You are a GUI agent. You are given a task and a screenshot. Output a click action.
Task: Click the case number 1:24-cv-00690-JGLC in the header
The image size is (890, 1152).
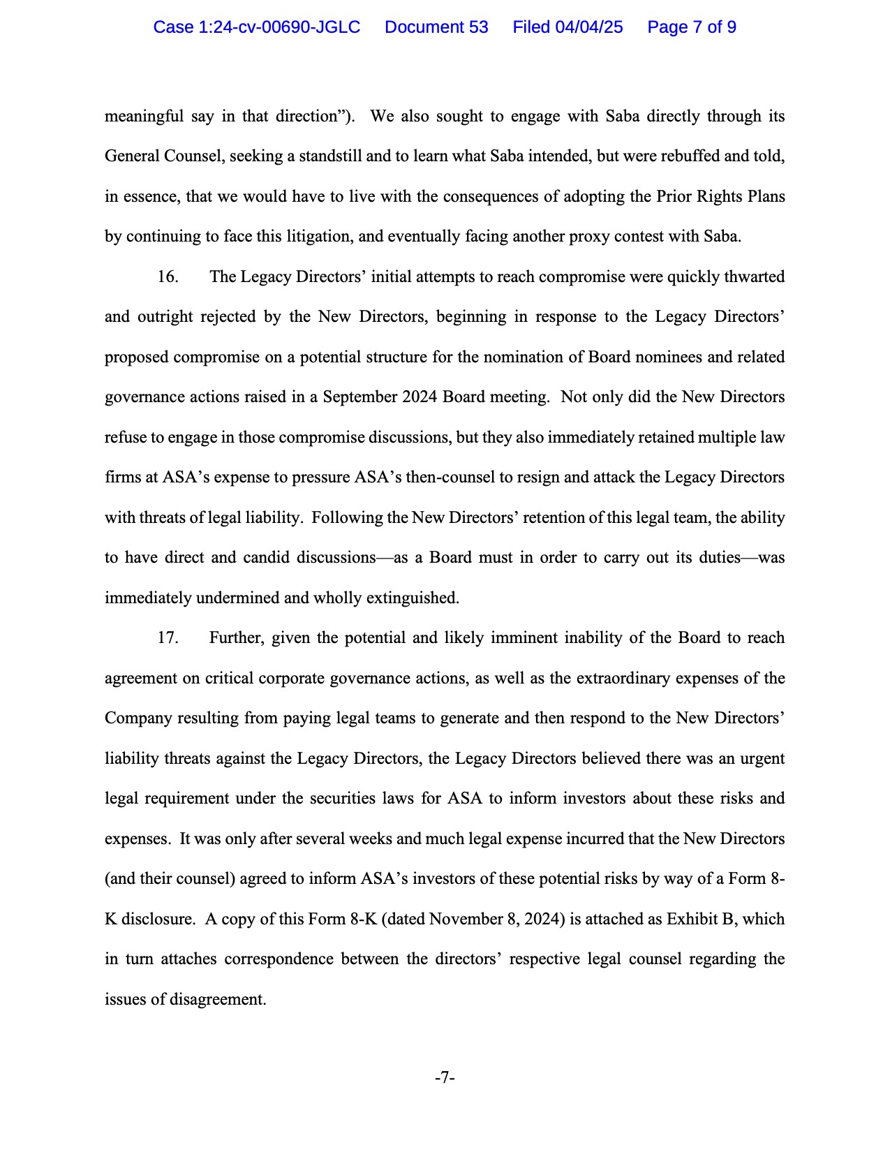[x=256, y=27]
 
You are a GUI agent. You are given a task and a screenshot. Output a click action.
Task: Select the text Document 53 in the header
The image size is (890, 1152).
[x=436, y=27]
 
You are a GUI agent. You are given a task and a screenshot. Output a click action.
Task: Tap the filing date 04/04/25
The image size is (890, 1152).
[x=588, y=27]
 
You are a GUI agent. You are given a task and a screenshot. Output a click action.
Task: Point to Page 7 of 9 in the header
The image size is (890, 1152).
[x=691, y=27]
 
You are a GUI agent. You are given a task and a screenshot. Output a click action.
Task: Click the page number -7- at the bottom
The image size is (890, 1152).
[x=445, y=1078]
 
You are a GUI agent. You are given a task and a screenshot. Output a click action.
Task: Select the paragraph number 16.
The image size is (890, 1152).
[x=168, y=277]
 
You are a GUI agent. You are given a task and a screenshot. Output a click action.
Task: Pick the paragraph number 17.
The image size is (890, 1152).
[x=168, y=638]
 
